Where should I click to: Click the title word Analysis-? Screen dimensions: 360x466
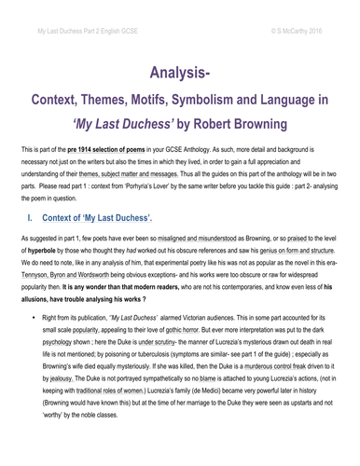(180, 73)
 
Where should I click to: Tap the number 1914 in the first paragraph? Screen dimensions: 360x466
(92, 148)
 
